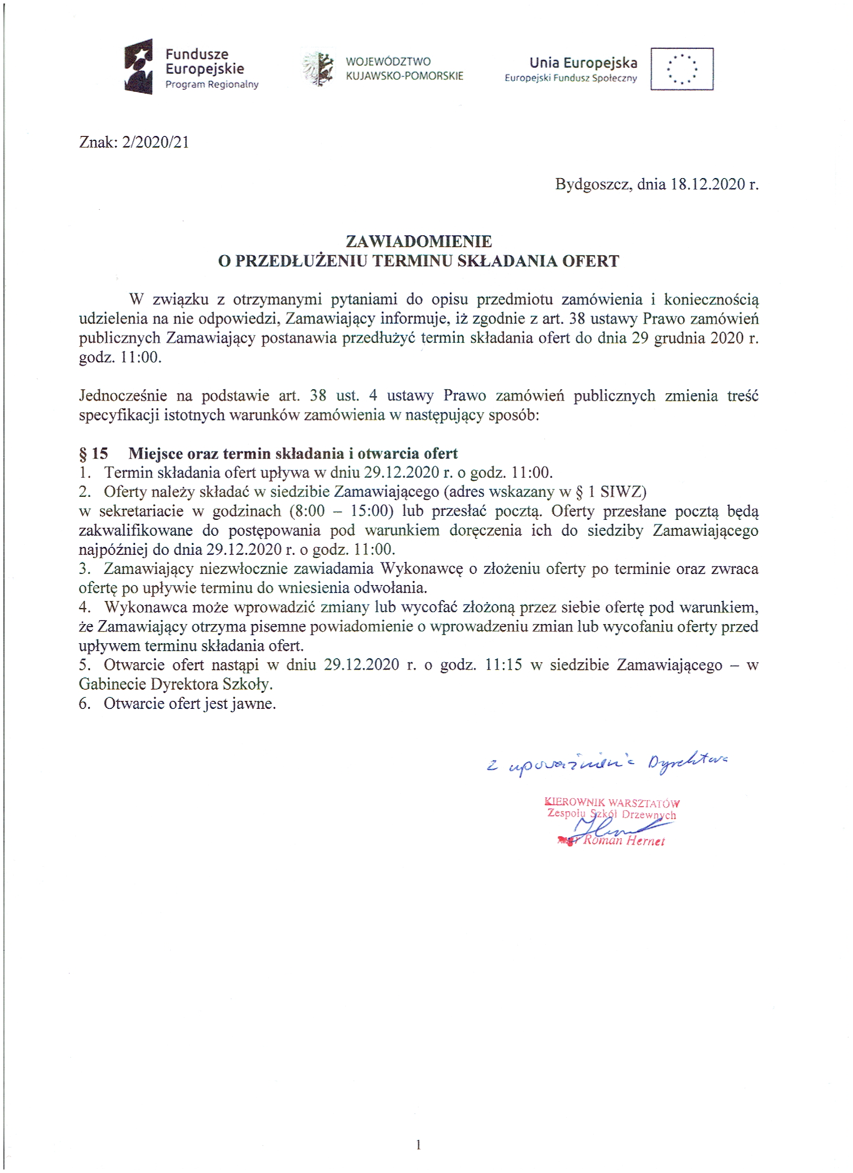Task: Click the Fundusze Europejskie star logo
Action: pos(138,66)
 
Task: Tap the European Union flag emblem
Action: pos(681,69)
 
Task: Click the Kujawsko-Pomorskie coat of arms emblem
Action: pos(317,69)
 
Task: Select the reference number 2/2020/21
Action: pos(155,142)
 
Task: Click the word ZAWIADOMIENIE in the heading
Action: pos(418,241)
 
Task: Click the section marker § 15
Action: pos(94,454)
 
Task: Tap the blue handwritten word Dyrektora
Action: pos(687,761)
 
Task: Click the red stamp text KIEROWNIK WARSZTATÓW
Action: pos(612,803)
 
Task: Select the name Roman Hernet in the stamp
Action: pos(623,840)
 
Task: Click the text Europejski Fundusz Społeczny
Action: pos(571,79)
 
